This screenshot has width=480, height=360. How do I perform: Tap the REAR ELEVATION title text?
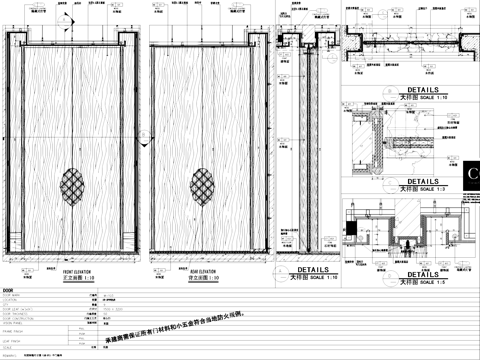pyautogui.click(x=205, y=270)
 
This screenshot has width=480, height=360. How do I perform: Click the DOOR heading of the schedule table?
pyautogui.click(x=10, y=289)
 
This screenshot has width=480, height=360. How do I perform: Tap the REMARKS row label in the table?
pyautogui.click(x=10, y=355)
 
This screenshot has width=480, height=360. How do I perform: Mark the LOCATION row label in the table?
pyautogui.click(x=11, y=300)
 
